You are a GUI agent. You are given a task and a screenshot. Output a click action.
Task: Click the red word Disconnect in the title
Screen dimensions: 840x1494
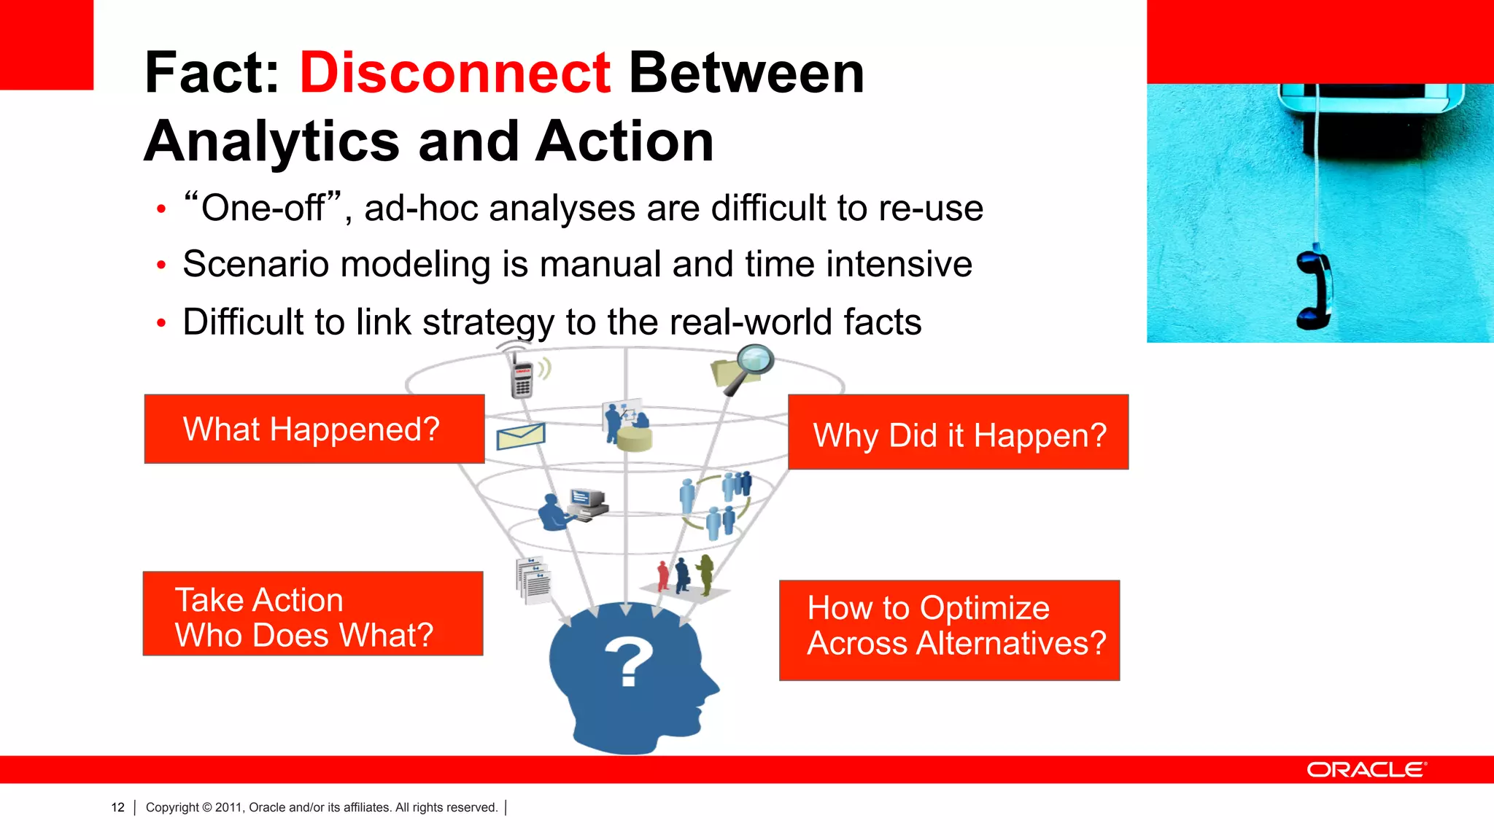coord(454,73)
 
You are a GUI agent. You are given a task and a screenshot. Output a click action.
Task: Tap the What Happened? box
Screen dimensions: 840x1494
coord(314,429)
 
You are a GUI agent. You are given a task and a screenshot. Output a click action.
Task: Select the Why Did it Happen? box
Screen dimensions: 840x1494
coord(958,432)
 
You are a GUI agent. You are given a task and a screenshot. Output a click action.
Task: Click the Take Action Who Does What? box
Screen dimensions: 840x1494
coord(313,614)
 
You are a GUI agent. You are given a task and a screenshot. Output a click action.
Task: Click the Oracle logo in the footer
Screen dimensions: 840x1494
coord(1366,770)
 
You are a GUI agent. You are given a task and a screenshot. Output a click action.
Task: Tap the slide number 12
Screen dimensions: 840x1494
coord(117,807)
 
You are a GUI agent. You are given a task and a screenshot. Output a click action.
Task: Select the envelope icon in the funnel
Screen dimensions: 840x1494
coord(521,437)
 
